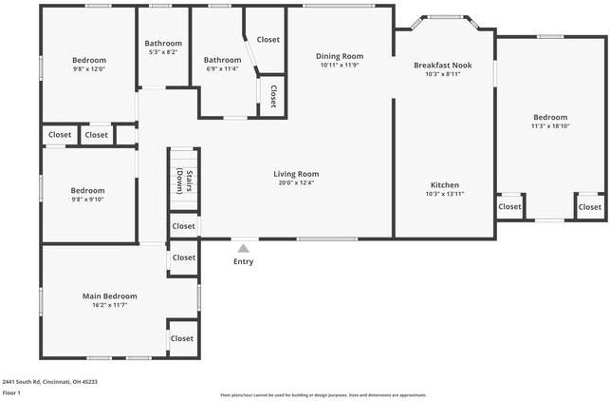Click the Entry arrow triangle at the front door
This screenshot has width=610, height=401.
click(x=244, y=249)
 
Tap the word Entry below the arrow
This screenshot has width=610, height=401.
click(x=244, y=262)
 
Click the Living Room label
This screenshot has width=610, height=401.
click(x=296, y=174)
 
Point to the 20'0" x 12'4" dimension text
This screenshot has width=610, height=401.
click(x=296, y=184)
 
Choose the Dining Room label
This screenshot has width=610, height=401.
click(x=340, y=56)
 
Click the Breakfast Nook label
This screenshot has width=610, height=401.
click(x=442, y=65)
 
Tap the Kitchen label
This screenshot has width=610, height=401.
click(x=445, y=185)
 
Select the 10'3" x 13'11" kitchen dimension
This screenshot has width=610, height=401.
click(x=445, y=195)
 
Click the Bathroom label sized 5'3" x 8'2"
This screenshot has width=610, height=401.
click(x=163, y=43)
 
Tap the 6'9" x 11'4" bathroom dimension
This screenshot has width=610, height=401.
click(x=223, y=69)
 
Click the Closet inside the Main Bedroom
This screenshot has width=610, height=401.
click(x=182, y=338)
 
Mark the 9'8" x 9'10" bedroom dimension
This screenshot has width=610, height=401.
click(x=87, y=200)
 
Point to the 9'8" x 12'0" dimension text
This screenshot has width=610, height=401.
click(x=89, y=69)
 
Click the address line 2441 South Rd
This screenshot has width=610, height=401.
click(x=49, y=381)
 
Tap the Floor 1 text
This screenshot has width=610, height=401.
click(x=11, y=392)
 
